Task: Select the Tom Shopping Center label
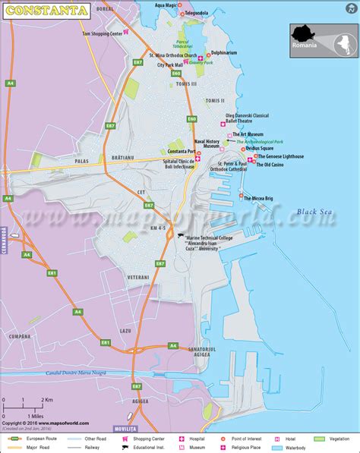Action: click(103, 34)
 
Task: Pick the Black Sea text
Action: click(315, 212)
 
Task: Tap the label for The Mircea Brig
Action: click(262, 199)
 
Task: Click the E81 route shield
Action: click(52, 272)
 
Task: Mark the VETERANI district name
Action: click(138, 278)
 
